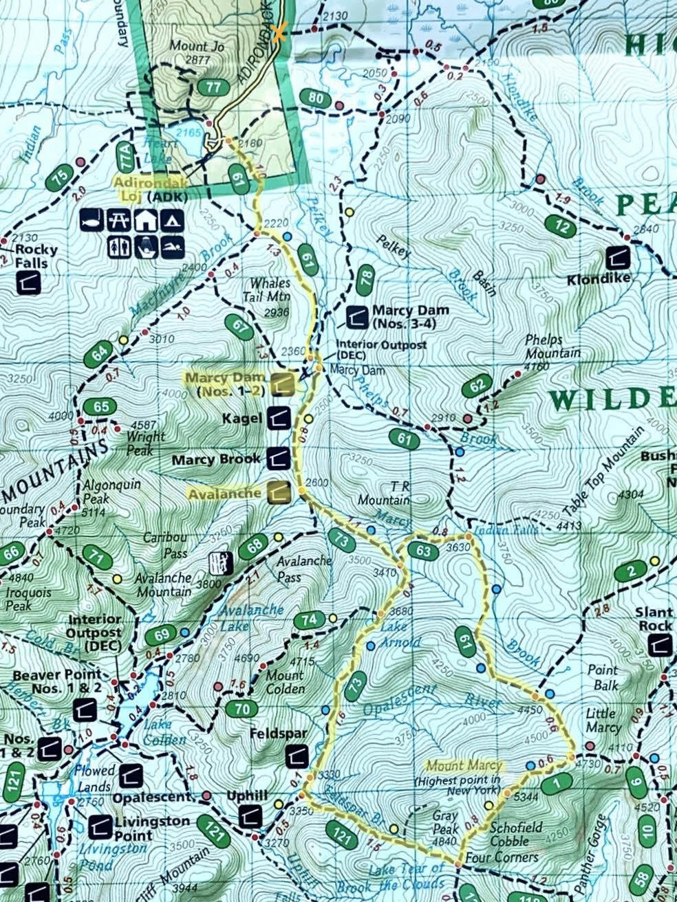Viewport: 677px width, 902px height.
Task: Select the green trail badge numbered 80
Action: pos(316,98)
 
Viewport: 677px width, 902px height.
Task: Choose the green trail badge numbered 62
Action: pos(478,387)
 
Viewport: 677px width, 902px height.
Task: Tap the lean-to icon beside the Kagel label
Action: pos(279,417)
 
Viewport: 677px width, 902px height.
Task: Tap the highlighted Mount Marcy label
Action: pos(465,765)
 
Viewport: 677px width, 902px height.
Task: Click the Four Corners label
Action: pos(501,857)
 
